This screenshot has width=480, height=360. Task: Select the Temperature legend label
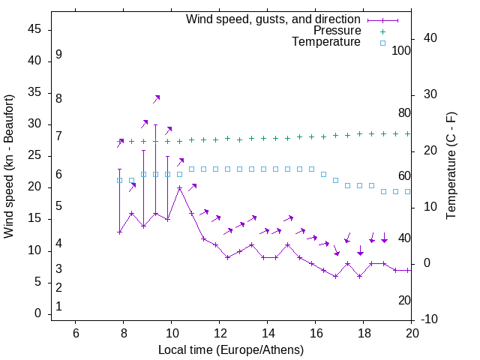pyautogui.click(x=326, y=42)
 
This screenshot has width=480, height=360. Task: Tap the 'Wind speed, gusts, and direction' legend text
pyautogui.click(x=274, y=19)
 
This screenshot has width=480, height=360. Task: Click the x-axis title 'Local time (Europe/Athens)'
pyautogui.click(x=231, y=349)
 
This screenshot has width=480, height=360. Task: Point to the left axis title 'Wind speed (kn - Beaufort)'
pyautogui.click(x=9, y=166)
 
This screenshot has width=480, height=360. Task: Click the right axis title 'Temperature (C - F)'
pyautogui.click(x=451, y=166)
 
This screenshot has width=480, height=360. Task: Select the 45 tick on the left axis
pyautogui.click(x=34, y=30)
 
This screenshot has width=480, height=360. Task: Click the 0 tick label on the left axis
pyautogui.click(x=37, y=313)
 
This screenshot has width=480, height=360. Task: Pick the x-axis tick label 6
pyautogui.click(x=75, y=333)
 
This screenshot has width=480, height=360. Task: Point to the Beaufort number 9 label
pyautogui.click(x=58, y=55)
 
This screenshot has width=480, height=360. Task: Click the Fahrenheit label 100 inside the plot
pyautogui.click(x=402, y=51)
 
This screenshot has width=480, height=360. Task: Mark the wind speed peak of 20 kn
pyautogui.click(x=179, y=187)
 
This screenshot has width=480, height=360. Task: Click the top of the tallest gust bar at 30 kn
pyautogui.click(x=155, y=124)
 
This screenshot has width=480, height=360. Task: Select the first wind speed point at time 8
pyautogui.click(x=119, y=232)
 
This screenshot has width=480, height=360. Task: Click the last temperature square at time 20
pyautogui.click(x=407, y=191)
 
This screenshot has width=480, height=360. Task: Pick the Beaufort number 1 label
pyautogui.click(x=58, y=307)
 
